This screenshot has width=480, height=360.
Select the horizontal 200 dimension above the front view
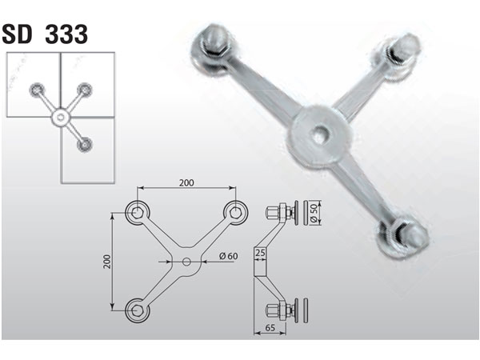[x=186, y=183]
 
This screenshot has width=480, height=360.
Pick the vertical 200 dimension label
[x=106, y=260]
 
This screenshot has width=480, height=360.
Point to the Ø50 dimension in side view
[x=314, y=214]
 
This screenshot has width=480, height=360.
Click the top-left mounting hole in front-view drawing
[x=138, y=211]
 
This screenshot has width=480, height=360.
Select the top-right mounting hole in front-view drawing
[x=234, y=211]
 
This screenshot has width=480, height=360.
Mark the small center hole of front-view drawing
[x=186, y=261]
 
